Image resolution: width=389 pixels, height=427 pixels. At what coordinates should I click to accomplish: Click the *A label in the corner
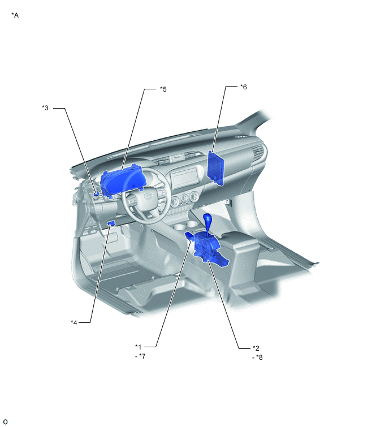(x=15, y=15)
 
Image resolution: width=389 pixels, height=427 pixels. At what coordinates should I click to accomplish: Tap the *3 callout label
(x=45, y=108)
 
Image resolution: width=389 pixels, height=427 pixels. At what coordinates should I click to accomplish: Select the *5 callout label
(x=163, y=89)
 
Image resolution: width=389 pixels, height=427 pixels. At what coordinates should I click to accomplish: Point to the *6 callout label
(x=243, y=87)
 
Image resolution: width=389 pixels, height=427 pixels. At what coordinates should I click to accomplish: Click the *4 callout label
(x=74, y=323)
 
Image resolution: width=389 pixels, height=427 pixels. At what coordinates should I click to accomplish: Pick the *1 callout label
(x=139, y=347)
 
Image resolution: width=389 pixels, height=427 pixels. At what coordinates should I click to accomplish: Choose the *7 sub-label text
(x=140, y=356)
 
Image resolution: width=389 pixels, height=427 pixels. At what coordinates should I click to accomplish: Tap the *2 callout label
(x=256, y=348)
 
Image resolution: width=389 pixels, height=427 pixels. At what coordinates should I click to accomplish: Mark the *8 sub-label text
(x=257, y=357)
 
